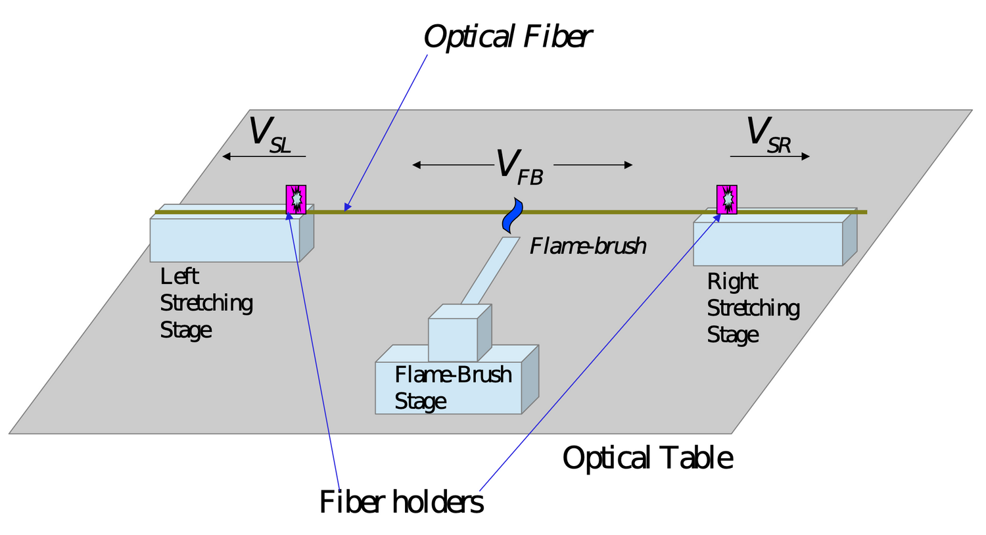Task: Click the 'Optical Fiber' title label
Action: pos(507,37)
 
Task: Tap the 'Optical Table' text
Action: pos(647,458)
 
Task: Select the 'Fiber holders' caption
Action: pos(401,502)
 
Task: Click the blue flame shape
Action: pos(512,215)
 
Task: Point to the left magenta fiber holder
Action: pos(296,199)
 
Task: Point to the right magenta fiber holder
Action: pos(726,199)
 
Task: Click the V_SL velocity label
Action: pos(269,135)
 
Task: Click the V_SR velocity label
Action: pos(768,135)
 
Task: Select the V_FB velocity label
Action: pos(519,166)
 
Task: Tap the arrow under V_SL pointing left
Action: pos(264,156)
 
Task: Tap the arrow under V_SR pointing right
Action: pos(770,156)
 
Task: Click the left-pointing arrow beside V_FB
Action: pos(452,165)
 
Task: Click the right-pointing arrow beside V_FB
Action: pos(593,165)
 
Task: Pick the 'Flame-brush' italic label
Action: pos(588,246)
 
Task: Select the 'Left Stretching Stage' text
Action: pos(206,303)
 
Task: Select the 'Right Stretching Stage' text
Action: pos(753,308)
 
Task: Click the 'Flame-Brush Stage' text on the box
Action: pos(452,388)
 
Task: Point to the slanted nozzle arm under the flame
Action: pos(490,271)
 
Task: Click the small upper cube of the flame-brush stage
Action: pos(453,339)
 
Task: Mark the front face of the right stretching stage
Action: pos(768,244)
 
